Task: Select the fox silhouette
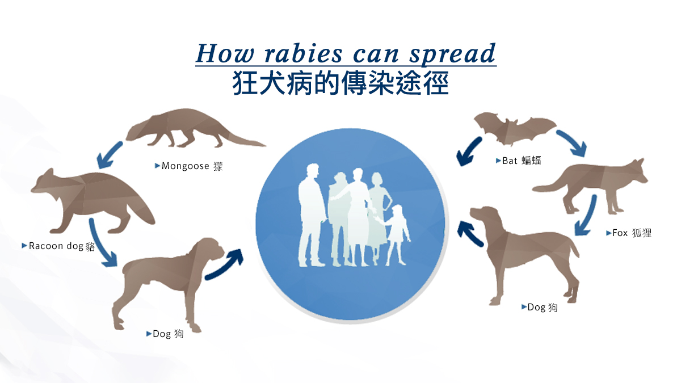point(602,182)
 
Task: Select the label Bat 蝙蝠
point(521,161)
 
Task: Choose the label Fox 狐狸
point(632,233)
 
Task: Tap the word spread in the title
point(457,53)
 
